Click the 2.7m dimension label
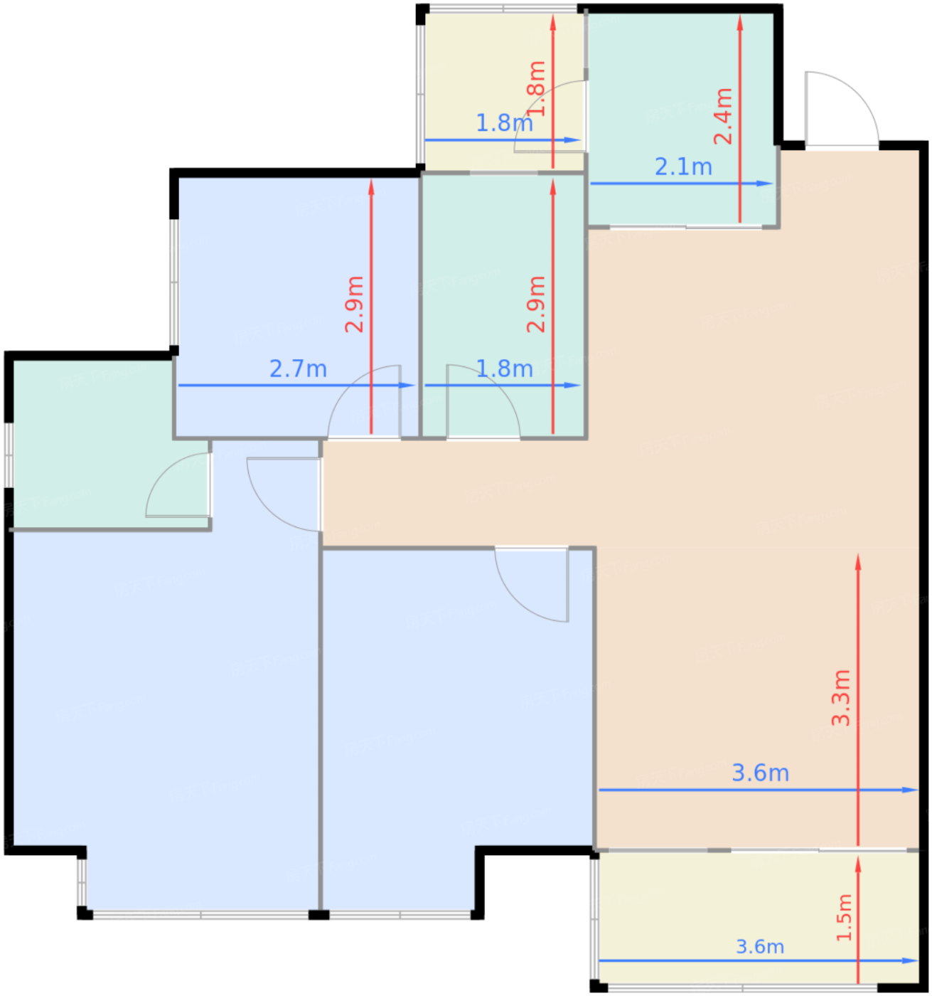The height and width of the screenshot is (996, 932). tap(299, 369)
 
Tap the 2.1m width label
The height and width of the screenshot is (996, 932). tap(683, 167)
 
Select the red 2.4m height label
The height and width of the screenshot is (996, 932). tap(723, 117)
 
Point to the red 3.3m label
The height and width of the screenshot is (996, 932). tap(841, 698)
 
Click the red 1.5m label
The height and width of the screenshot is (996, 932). tap(845, 917)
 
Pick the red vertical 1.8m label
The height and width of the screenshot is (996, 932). tap(536, 89)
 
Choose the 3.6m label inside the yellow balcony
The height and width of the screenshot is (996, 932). tap(759, 947)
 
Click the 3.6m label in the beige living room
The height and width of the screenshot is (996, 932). tap(760, 773)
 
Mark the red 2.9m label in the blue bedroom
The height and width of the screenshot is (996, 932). tap(355, 304)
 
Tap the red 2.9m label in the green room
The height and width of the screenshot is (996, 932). tap(536, 304)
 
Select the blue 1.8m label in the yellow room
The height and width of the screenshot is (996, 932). tap(504, 123)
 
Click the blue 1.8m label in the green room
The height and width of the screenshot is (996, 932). tap(504, 369)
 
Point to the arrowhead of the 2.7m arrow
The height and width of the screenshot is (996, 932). tap(407, 385)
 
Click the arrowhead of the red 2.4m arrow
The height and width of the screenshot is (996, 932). tap(740, 23)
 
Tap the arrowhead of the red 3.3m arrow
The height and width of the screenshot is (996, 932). tap(858, 562)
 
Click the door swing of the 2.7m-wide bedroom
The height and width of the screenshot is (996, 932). tap(365, 401)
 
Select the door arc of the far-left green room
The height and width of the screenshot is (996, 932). tap(178, 485)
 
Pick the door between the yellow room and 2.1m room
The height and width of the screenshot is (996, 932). tap(550, 116)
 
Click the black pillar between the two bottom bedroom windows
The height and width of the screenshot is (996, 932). tap(319, 915)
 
